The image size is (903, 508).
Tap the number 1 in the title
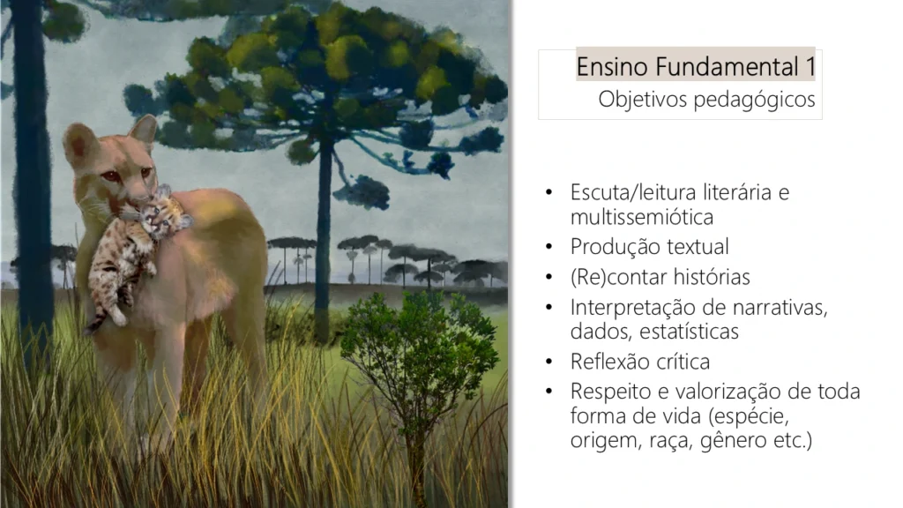810,67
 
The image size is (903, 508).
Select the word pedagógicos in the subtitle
755,100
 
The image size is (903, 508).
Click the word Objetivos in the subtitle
643,100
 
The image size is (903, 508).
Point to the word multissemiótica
642,217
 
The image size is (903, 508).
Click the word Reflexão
610,362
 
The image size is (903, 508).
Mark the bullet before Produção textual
549,248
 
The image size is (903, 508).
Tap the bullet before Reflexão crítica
549,362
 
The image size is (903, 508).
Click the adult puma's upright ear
145,129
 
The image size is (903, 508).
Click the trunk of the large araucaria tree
325,242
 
